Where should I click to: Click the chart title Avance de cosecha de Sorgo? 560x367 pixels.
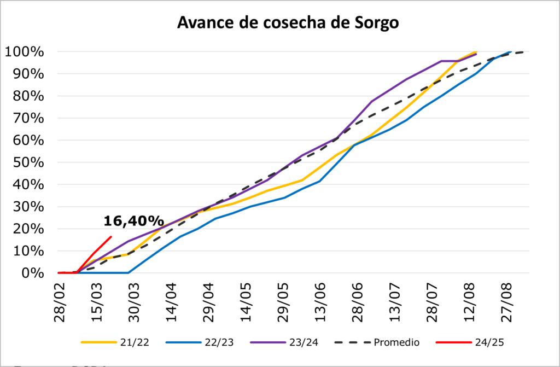point(288,22)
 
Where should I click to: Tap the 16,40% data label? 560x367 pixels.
point(133,221)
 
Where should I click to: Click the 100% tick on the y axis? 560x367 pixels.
point(25,52)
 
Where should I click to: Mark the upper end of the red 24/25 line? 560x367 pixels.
point(111,237)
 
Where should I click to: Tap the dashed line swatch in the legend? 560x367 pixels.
point(355,342)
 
